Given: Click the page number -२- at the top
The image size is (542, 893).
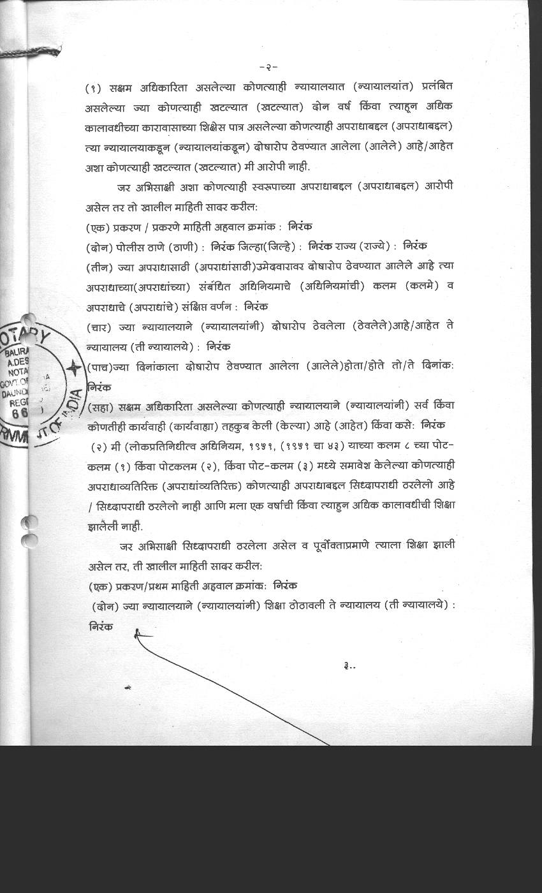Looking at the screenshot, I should point(268,66).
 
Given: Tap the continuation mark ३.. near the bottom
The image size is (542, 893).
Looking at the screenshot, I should point(349,666).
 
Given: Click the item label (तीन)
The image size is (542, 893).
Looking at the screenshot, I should point(98,265).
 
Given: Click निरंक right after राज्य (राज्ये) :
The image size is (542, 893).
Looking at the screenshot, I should point(416,246).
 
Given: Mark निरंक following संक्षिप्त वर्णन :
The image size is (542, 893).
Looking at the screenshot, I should point(256,306).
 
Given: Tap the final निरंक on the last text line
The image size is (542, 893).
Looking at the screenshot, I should point(101,626).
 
